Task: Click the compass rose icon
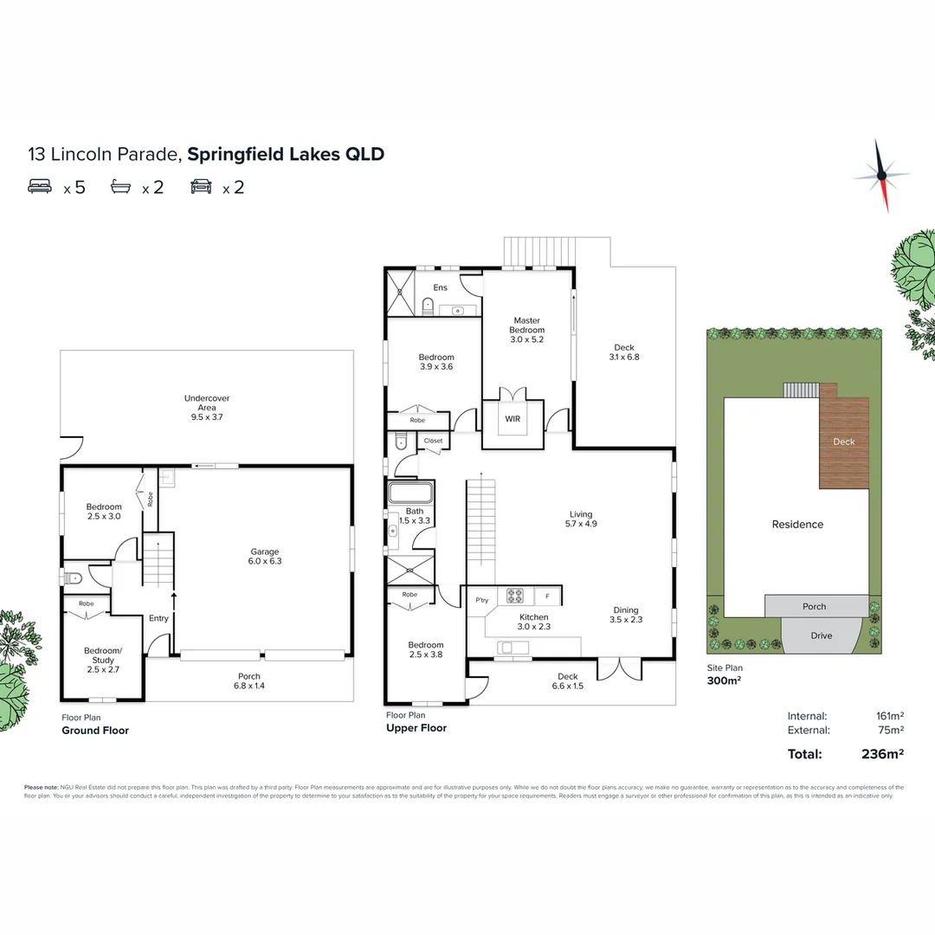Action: click(882, 176)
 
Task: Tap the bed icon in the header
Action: click(40, 186)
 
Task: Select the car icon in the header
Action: click(201, 186)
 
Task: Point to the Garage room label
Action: click(266, 557)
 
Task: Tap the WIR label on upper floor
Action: click(512, 420)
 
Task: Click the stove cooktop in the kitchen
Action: click(516, 596)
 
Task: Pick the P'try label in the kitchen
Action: click(482, 600)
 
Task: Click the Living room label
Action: click(580, 519)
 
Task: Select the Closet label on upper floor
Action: click(433, 441)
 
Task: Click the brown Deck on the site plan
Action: click(843, 442)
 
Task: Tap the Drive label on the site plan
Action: click(821, 635)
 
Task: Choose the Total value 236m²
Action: click(883, 754)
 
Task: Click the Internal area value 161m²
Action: click(889, 716)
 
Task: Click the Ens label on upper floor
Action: click(440, 287)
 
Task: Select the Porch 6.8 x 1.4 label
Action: click(249, 681)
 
